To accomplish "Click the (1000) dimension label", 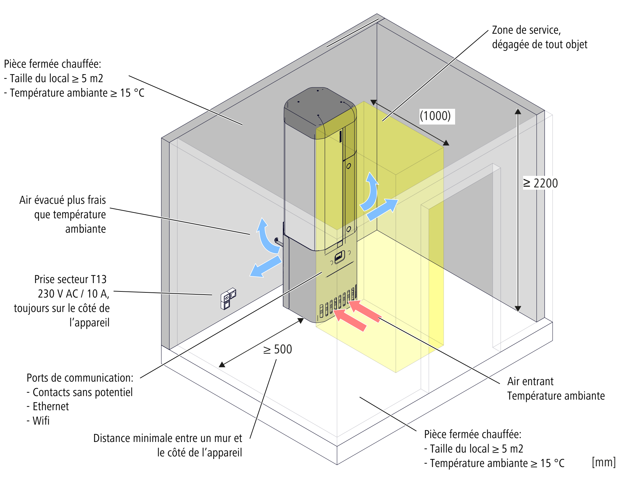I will (x=435, y=116).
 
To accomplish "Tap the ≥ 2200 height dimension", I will (x=540, y=183).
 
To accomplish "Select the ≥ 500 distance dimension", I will (x=277, y=349).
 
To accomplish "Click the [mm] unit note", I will (x=603, y=462).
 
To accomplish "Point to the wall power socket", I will (x=228, y=298).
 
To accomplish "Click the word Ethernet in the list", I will (x=51, y=406).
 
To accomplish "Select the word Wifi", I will (x=41, y=420).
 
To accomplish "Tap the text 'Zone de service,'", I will (x=526, y=30).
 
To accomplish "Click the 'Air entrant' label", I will (x=530, y=381).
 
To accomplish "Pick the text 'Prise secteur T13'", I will (x=70, y=279).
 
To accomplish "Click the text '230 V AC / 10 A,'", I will (x=73, y=294).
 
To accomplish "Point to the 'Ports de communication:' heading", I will (x=80, y=378).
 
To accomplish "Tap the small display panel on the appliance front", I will (x=339, y=257).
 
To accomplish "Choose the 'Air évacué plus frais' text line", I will (x=63, y=200).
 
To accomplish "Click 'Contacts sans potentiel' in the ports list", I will (x=82, y=392).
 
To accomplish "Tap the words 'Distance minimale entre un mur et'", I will (x=167, y=438).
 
